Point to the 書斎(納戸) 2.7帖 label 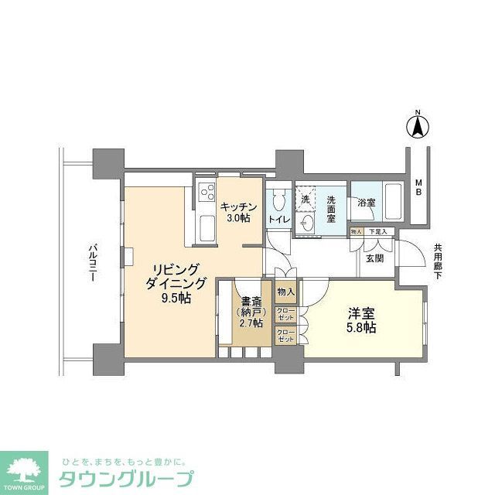coord(249,312)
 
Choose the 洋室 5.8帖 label coord(361,321)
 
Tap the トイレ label coord(278,220)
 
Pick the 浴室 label coord(367,203)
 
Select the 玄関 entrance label coord(375,258)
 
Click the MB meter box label coord(418,186)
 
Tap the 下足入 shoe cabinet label coord(377,232)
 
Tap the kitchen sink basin coord(207,228)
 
